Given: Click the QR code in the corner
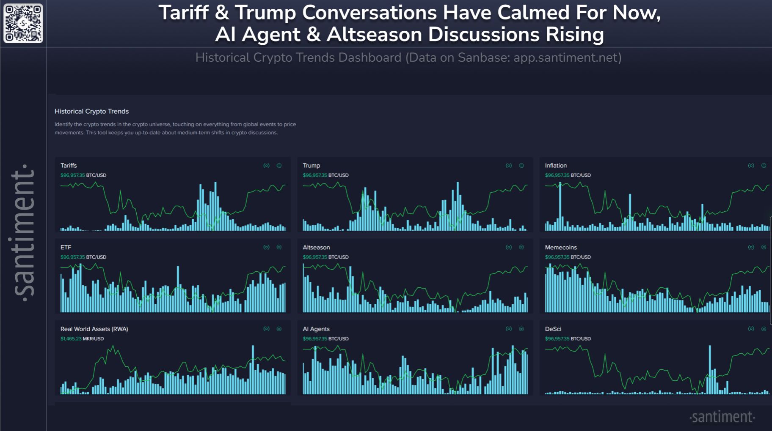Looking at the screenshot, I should pyautogui.click(x=23, y=23).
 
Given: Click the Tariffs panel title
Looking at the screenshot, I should pyautogui.click(x=69, y=166).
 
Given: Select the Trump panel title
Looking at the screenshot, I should pyautogui.click(x=311, y=166).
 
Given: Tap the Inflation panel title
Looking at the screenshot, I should pyautogui.click(x=556, y=166).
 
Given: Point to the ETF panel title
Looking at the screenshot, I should pyautogui.click(x=66, y=247).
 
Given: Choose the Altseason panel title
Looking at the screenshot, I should pyautogui.click(x=316, y=247).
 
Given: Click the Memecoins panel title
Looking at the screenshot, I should pyautogui.click(x=561, y=247).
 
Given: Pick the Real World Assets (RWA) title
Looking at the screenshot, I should pyautogui.click(x=94, y=329).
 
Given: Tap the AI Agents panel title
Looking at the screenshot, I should pyautogui.click(x=316, y=329).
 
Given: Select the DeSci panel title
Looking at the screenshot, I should pyautogui.click(x=553, y=329).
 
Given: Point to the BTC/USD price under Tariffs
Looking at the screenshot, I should pyautogui.click(x=83, y=175).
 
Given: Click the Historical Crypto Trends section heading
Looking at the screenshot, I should pyautogui.click(x=91, y=111).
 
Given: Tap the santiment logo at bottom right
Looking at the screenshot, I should pyautogui.click(x=722, y=417).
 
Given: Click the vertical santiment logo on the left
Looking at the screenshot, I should pyautogui.click(x=23, y=232).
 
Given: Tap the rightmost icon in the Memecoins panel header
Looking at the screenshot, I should pyautogui.click(x=764, y=247).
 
